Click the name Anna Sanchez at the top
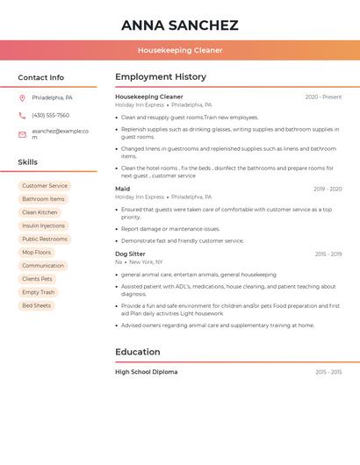click(x=180, y=25)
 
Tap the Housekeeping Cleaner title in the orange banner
click(x=180, y=50)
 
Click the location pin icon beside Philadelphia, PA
click(x=22, y=98)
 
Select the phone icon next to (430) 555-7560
click(x=22, y=116)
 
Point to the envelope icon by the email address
click(x=22, y=134)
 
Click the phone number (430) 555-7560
click(x=50, y=116)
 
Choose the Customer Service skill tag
click(x=45, y=186)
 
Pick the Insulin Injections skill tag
click(x=44, y=225)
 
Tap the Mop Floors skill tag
click(x=37, y=253)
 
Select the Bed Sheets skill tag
click(x=37, y=305)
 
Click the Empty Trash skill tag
click(x=39, y=292)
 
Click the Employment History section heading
click(x=161, y=77)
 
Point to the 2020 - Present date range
click(x=323, y=97)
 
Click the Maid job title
click(x=123, y=189)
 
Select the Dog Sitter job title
click(x=130, y=254)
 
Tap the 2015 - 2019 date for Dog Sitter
click(x=328, y=254)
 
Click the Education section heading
click(x=138, y=352)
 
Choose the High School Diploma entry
click(x=146, y=372)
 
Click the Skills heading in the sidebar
click(x=28, y=162)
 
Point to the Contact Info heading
click(x=41, y=77)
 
